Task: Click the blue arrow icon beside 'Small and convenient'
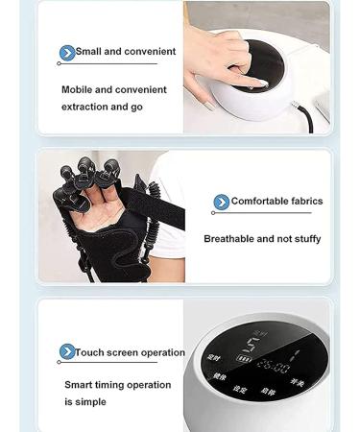[x=67, y=53]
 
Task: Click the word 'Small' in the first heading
[x=89, y=52]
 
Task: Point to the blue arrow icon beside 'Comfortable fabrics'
[x=222, y=202]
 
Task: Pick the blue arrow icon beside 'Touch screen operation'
[x=67, y=352]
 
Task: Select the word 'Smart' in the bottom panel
[x=80, y=385]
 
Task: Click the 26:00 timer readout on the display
[x=274, y=366]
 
